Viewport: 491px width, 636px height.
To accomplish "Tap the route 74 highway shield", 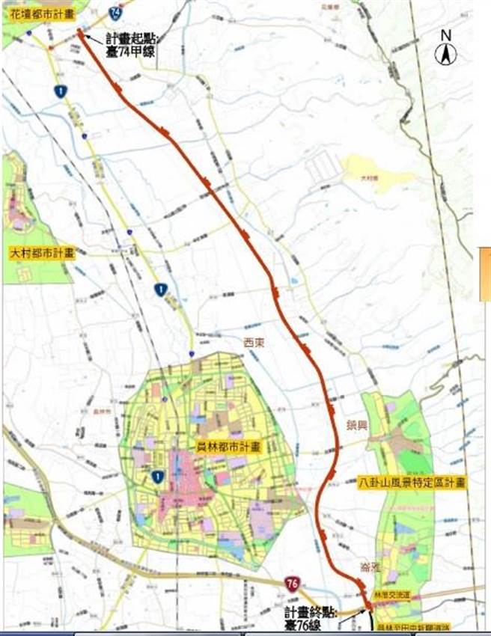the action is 115,12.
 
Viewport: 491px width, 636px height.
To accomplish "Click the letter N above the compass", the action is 445,34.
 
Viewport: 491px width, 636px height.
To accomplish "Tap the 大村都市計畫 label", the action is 43,253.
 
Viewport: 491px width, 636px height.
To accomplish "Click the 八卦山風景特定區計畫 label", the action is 412,483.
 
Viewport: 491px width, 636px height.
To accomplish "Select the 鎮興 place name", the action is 359,424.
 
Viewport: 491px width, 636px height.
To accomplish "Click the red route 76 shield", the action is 293,581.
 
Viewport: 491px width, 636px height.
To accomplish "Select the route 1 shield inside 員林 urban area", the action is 157,476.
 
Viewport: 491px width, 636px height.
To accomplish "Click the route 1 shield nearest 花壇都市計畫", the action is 61,91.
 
